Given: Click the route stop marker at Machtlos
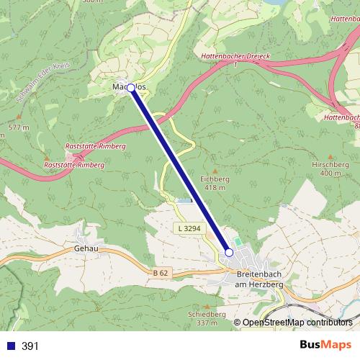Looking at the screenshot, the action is coord(131,88).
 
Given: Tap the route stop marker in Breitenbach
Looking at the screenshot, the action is coord(229,252).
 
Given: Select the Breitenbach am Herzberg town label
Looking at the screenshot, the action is coord(260,280).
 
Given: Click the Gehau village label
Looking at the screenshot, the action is coord(86,249).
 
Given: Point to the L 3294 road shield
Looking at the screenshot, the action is coord(190,228).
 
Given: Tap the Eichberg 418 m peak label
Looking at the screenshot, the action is coord(214,182).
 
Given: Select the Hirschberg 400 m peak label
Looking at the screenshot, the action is coord(330,168).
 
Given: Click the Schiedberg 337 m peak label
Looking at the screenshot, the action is coord(207,318).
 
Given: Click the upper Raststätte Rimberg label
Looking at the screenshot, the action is coord(95,145).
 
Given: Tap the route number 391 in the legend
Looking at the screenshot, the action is coord(30,346).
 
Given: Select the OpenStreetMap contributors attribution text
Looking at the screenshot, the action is coord(297,323).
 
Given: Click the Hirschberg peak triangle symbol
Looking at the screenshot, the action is coord(330,156).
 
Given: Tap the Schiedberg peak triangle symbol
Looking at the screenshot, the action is coord(207,305).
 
